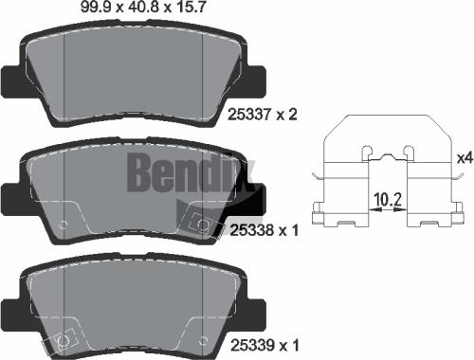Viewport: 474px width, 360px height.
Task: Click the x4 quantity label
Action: pos(464,157)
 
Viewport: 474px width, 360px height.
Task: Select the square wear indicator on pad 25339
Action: pos(66,339)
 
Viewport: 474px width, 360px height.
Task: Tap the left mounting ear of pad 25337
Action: pos(12,80)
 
